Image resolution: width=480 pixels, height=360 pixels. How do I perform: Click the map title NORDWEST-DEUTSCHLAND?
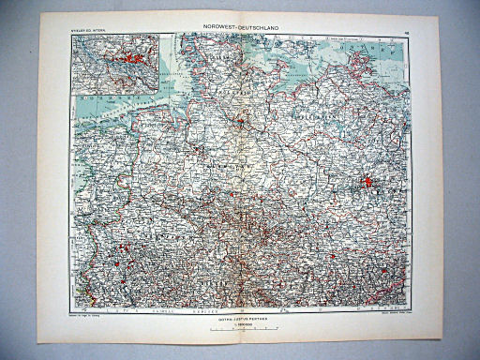[x=240, y=27]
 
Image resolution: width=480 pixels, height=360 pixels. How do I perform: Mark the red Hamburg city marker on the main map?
[x=240, y=120]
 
